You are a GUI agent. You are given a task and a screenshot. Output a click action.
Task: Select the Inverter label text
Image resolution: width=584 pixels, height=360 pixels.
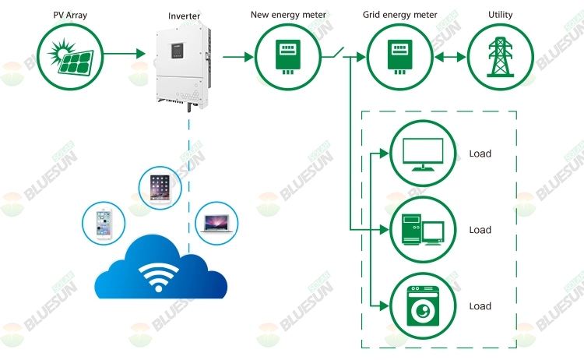[184, 16]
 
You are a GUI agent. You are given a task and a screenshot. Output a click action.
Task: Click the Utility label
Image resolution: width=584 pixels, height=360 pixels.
[501, 15]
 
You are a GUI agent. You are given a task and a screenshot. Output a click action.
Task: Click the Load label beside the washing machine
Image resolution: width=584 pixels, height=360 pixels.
[480, 306]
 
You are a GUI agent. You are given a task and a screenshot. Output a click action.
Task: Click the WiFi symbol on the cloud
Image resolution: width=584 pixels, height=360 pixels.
[160, 276]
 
